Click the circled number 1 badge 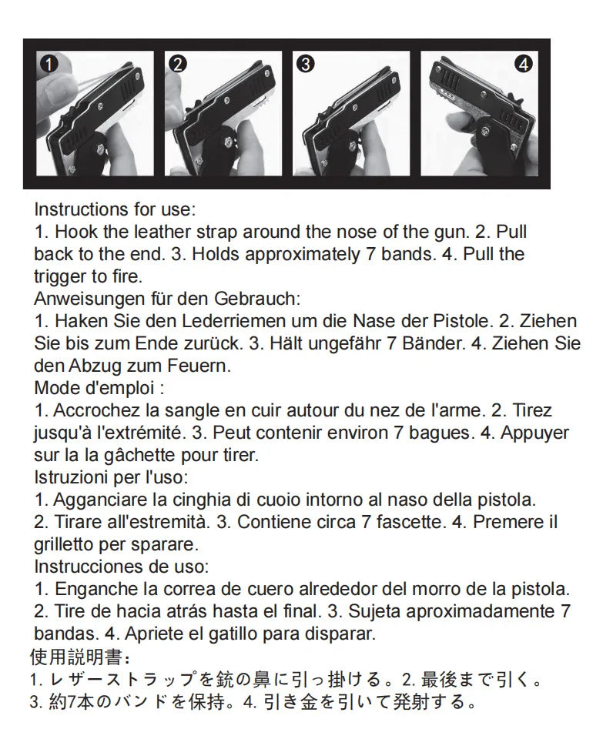(x=48, y=65)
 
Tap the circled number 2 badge (x=178, y=65)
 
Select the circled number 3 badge (x=305, y=65)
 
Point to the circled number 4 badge (x=527, y=65)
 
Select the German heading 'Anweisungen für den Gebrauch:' (x=167, y=299)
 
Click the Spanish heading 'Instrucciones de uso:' (x=121, y=567)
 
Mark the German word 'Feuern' (x=189, y=365)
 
